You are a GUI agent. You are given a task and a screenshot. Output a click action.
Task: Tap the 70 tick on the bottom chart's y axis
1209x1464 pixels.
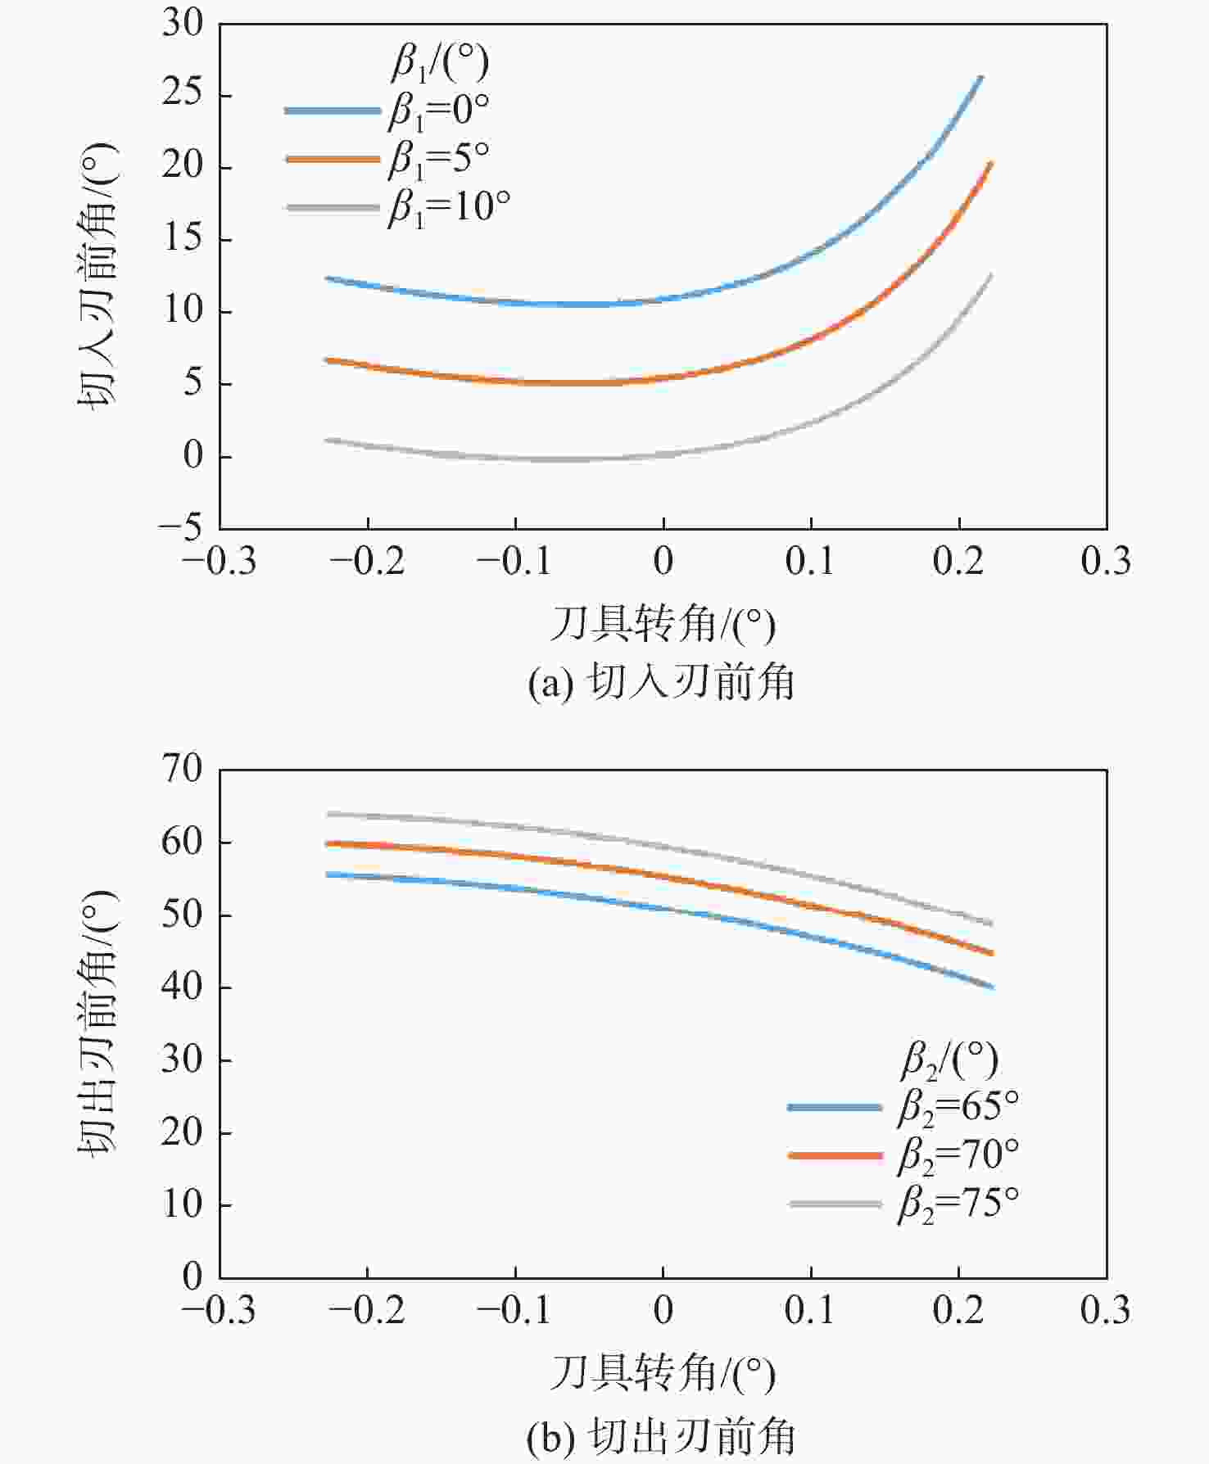[182, 770]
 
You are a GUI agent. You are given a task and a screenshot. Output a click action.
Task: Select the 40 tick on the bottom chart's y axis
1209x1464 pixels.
[182, 987]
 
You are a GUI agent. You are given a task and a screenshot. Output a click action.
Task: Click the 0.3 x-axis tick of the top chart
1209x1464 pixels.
[1106, 562]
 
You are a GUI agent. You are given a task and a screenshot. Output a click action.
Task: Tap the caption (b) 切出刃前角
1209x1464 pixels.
[662, 1437]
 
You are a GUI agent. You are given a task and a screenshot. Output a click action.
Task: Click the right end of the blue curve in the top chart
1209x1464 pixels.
[980, 77]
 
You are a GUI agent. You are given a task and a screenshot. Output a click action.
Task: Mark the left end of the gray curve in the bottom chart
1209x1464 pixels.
[328, 814]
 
